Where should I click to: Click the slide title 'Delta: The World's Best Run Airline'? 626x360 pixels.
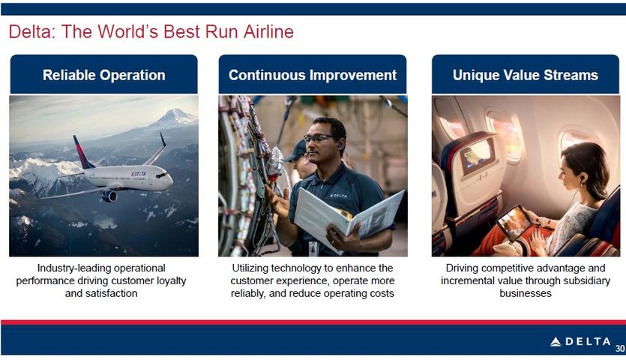[x=151, y=31]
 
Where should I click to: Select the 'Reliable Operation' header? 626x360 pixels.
[x=103, y=75]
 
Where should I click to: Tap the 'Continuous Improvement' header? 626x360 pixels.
[x=313, y=75]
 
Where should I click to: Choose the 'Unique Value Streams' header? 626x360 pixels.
[x=526, y=75]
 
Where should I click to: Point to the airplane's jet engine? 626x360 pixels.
[x=109, y=196]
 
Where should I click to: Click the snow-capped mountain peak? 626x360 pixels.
[x=175, y=117]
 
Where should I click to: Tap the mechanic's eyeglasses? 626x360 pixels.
[x=318, y=139]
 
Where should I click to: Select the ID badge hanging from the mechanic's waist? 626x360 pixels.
[x=313, y=248]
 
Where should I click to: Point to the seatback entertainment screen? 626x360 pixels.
[x=476, y=157]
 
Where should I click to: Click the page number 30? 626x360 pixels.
[x=620, y=348]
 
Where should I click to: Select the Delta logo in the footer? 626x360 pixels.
[x=580, y=341]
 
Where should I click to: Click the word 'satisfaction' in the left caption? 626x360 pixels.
[x=101, y=293]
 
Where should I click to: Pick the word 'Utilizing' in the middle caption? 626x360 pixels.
[x=250, y=268]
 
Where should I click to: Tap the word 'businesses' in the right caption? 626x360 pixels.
[x=526, y=293]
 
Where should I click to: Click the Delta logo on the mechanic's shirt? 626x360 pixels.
[x=338, y=196]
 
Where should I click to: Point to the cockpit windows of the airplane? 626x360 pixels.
[x=161, y=175]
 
